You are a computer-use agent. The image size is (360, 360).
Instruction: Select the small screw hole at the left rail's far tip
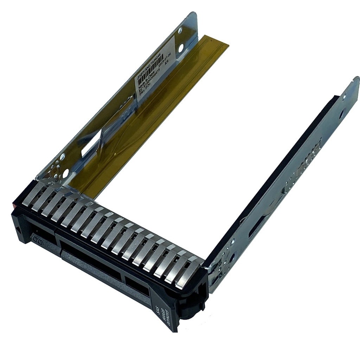(x=180, y=31)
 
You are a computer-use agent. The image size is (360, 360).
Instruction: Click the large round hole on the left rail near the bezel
(x=65, y=173)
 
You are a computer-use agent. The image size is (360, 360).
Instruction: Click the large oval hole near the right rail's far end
(x=341, y=114)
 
